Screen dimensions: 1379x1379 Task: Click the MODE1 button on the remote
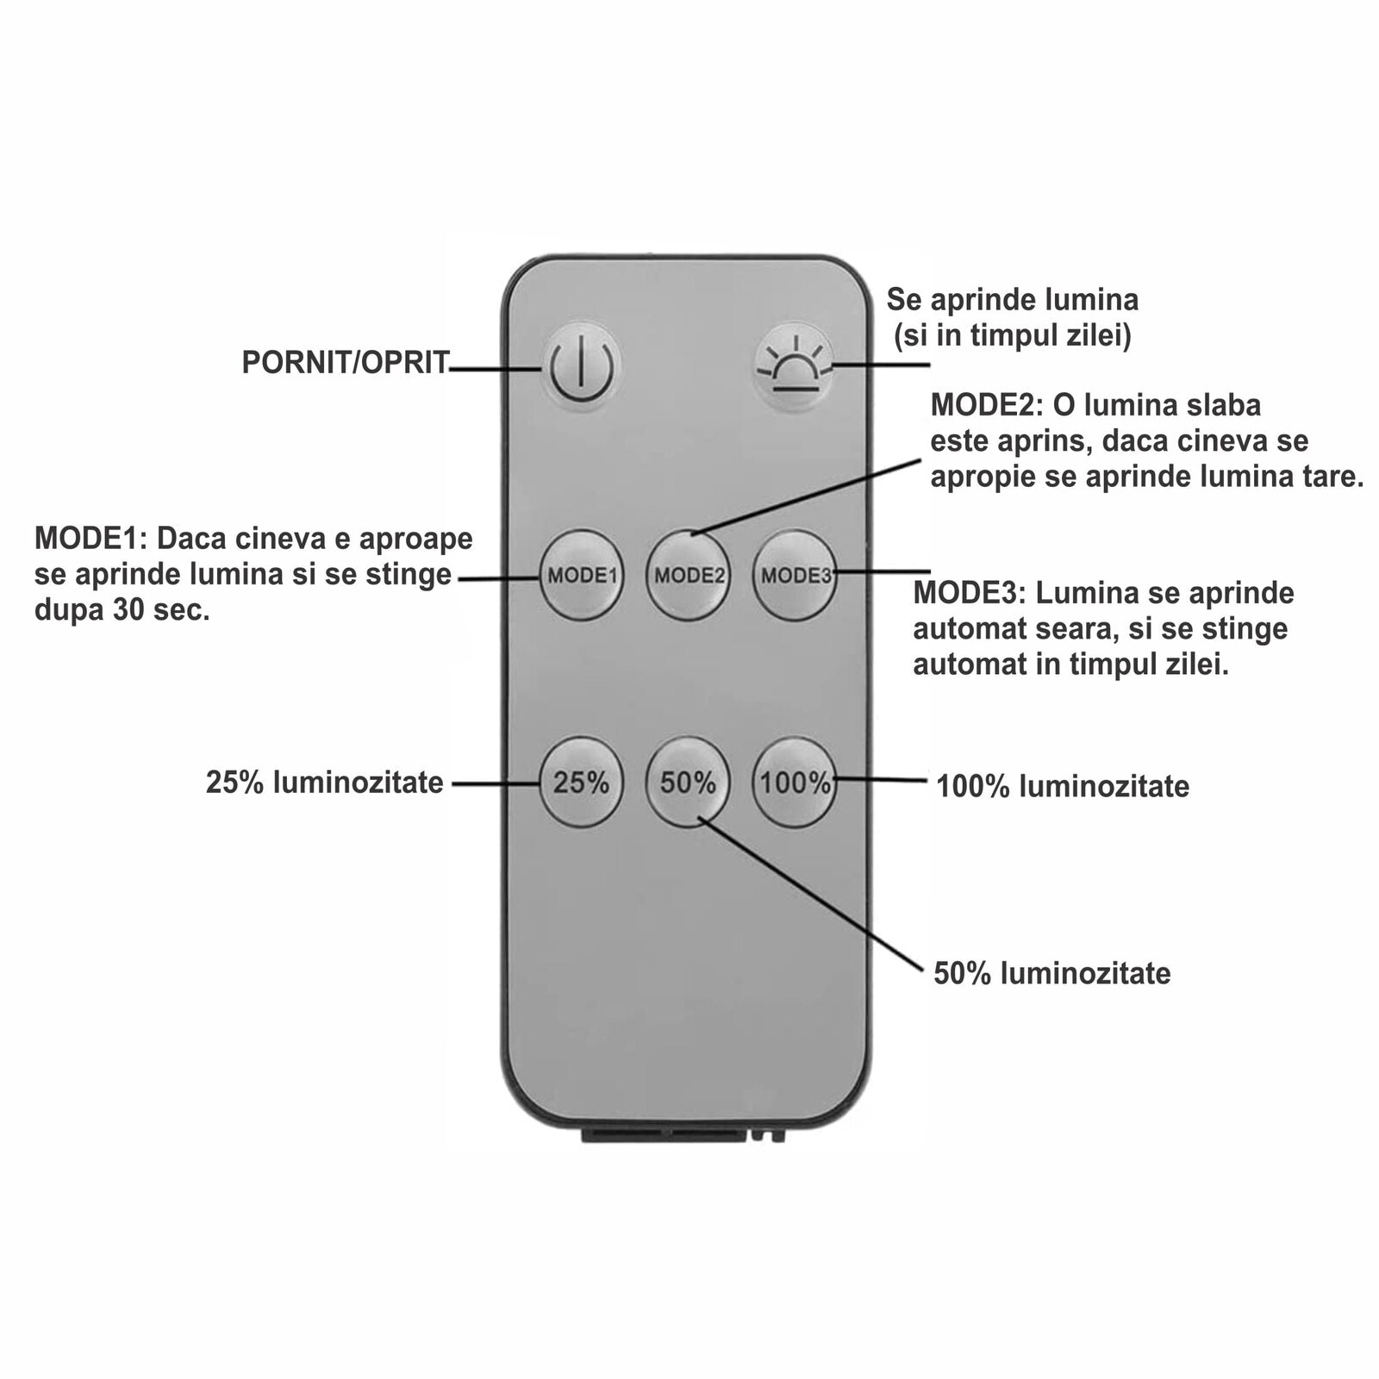[582, 575]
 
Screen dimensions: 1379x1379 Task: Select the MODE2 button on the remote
[689, 575]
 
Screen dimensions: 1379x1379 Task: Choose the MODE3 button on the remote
[795, 575]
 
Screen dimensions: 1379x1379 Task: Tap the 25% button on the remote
[581, 783]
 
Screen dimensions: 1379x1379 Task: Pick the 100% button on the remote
[795, 783]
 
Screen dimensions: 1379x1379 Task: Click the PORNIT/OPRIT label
[346, 363]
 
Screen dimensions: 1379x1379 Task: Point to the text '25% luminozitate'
[324, 783]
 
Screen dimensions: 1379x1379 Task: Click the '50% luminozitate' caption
[1052, 974]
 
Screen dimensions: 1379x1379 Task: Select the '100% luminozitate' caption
[1063, 786]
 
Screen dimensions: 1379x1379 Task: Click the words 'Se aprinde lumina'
[1013, 300]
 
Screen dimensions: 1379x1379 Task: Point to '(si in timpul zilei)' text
[1012, 335]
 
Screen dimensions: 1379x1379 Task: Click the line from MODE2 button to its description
[806, 497]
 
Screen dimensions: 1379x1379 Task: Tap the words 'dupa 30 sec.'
[122, 610]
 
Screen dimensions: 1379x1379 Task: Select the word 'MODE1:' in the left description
[90, 539]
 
